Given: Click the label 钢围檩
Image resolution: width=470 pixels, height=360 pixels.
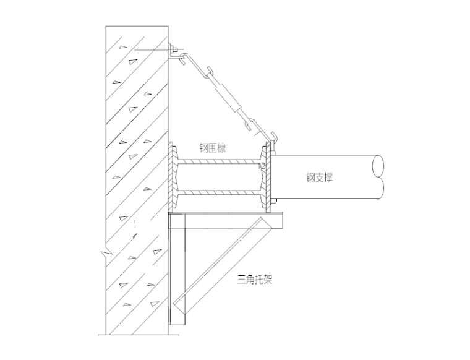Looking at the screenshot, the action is pos(213,148).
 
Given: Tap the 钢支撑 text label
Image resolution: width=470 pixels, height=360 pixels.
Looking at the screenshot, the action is pos(320,177).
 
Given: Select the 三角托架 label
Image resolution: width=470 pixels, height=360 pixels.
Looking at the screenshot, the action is pos(255,280).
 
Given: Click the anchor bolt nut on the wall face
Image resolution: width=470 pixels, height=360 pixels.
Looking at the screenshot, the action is pos(173,49).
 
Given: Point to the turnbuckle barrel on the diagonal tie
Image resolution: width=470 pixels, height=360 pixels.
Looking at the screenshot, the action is pos(229,95).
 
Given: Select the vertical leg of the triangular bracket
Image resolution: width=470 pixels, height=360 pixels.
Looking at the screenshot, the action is pos(177,269).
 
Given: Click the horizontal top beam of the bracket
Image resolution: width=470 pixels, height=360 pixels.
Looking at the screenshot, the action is pos(226,221).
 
